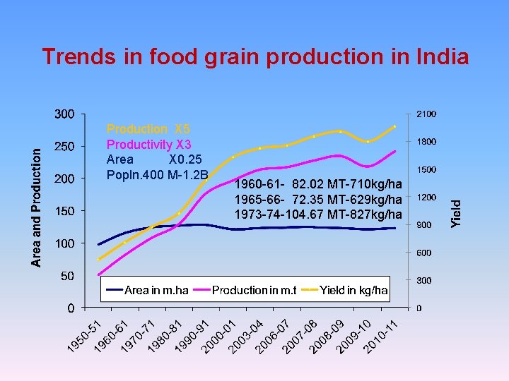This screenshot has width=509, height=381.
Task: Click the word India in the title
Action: (x=440, y=56)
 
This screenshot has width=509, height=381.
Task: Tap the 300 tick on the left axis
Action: (x=66, y=114)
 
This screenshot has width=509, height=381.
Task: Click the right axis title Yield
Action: (x=457, y=211)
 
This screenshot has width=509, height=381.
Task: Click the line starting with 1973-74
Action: (x=318, y=214)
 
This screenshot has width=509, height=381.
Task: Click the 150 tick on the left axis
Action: (x=66, y=211)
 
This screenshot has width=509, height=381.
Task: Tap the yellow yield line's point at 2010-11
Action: (x=394, y=126)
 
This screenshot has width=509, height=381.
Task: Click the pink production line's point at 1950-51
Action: (x=99, y=274)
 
